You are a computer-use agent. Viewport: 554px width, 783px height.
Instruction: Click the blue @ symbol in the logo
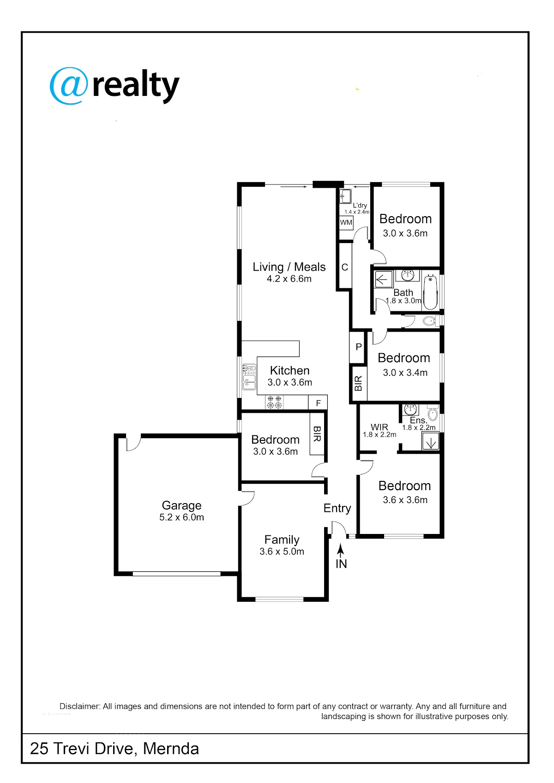coord(69,86)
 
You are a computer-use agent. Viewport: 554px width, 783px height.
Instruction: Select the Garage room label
coord(181,505)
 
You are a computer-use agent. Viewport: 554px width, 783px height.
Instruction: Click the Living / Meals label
coord(289,267)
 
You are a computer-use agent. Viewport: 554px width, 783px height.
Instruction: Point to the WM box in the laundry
coord(346,222)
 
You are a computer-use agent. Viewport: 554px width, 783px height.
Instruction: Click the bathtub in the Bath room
coord(430,292)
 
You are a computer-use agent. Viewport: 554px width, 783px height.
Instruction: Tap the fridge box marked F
coord(318,402)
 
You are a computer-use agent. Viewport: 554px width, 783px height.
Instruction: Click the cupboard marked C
coord(344,267)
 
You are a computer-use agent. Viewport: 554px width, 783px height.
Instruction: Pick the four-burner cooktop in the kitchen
coord(274,402)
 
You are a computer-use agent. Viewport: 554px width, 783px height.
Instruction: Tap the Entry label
coord(337,508)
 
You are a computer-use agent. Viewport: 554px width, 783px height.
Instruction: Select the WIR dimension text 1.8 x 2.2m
coord(379,435)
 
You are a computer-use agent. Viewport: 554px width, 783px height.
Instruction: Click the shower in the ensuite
coord(430,442)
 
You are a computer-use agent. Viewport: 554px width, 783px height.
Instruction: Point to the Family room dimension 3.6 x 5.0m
coord(282,551)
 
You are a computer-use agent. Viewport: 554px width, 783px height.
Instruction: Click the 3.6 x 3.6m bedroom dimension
coord(405,499)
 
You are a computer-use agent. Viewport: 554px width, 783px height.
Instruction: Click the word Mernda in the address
coord(171,748)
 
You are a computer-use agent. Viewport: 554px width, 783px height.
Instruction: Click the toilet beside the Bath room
coord(431,320)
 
